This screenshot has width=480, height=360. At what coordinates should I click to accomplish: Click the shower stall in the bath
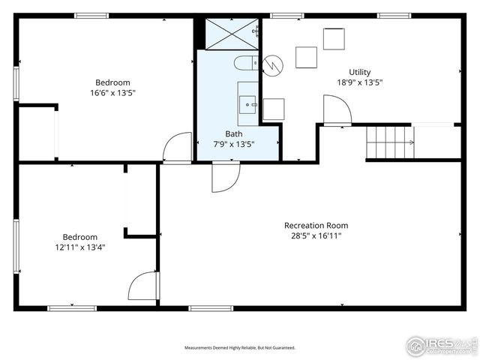[231, 33]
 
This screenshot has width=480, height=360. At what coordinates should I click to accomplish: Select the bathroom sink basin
[247, 103]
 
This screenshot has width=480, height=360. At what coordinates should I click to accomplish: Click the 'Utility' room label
[359, 72]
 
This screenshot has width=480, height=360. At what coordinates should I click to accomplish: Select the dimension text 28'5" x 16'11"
[315, 235]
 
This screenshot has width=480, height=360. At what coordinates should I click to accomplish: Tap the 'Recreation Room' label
[316, 225]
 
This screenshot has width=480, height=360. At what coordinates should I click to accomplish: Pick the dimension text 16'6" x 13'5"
[112, 93]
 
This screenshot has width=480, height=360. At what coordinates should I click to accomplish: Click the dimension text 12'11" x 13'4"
[79, 247]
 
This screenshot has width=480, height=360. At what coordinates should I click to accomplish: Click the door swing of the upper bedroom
[178, 147]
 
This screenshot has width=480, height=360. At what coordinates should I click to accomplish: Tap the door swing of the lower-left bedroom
[144, 286]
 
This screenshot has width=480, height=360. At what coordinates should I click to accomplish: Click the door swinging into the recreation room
[225, 178]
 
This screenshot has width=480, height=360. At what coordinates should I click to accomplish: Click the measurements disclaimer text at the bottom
[240, 348]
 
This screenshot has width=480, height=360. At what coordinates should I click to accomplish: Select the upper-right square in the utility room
[334, 38]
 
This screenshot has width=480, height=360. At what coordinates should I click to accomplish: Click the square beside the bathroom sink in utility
[274, 109]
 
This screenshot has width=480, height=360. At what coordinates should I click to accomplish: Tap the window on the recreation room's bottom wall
[211, 307]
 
